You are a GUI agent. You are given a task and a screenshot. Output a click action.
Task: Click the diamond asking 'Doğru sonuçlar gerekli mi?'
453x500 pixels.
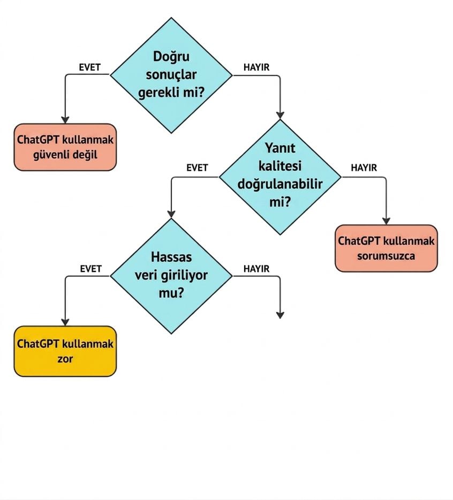tap(171, 75)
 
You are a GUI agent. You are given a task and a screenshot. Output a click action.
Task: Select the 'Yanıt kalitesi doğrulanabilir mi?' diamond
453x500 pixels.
tap(280, 177)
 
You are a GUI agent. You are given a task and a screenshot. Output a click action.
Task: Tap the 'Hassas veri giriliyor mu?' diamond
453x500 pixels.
tap(171, 276)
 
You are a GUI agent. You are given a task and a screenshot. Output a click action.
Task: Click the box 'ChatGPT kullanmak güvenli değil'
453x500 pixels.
tap(65, 147)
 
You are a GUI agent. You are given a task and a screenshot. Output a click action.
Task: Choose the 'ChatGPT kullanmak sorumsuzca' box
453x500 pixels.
tap(386, 248)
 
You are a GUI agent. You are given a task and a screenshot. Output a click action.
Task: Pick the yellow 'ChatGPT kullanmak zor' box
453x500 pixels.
tap(65, 351)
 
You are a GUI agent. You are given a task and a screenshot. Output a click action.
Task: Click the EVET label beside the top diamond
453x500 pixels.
tap(89, 67)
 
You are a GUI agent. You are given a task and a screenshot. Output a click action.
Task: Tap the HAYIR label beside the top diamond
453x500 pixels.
tap(256, 67)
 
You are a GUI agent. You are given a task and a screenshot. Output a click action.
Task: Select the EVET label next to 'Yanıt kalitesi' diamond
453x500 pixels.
tap(197, 168)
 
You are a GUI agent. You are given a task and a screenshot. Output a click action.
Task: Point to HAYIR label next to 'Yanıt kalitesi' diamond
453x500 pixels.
tap(364, 168)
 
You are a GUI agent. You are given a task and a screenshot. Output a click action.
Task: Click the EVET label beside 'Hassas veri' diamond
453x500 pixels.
tap(91, 269)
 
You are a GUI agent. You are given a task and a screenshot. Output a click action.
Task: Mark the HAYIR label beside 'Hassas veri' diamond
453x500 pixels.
tap(256, 269)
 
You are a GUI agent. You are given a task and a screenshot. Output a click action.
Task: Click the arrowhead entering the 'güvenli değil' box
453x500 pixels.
tap(65, 120)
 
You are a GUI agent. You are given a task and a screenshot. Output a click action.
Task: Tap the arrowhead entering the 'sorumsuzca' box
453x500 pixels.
tap(386, 221)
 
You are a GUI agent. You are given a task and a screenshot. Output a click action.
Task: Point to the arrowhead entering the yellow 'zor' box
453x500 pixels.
tap(65, 322)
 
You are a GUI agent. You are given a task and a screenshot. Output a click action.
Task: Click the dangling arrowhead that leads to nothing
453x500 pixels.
tap(280, 315)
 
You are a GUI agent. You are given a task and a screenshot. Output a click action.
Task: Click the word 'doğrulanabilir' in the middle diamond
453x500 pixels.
tap(280, 184)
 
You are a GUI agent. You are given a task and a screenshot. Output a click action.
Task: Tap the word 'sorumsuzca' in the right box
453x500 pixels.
tap(386, 256)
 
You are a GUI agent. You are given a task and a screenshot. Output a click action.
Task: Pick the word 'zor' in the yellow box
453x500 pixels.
tap(65, 359)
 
